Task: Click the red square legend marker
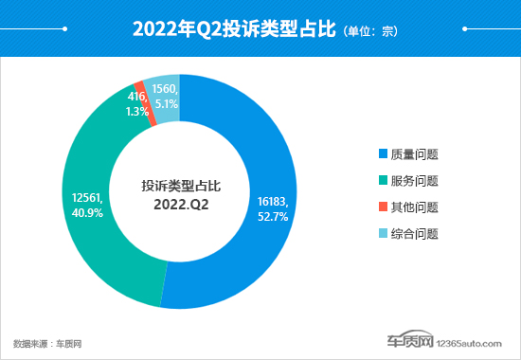(383, 207)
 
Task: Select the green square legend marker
(383, 181)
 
